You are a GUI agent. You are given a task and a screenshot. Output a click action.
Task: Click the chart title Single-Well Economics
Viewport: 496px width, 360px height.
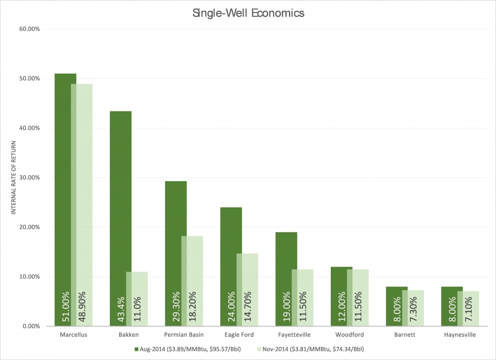(x=248, y=13)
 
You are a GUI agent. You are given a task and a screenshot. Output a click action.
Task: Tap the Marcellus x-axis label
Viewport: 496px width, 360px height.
(x=74, y=335)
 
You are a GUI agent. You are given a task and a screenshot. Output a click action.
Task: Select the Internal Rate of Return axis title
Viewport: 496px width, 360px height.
(x=14, y=177)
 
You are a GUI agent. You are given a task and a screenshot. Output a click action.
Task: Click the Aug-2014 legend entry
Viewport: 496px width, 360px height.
(x=188, y=349)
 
